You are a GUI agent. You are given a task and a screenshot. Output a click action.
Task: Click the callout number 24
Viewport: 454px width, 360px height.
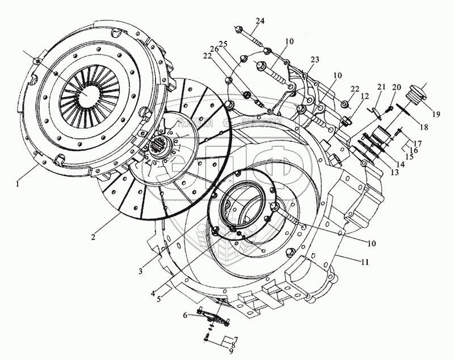click(259, 21)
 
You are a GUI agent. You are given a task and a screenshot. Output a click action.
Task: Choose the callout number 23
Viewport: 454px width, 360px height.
click(316, 59)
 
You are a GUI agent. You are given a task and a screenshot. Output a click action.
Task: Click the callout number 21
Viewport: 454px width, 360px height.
click(381, 86)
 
